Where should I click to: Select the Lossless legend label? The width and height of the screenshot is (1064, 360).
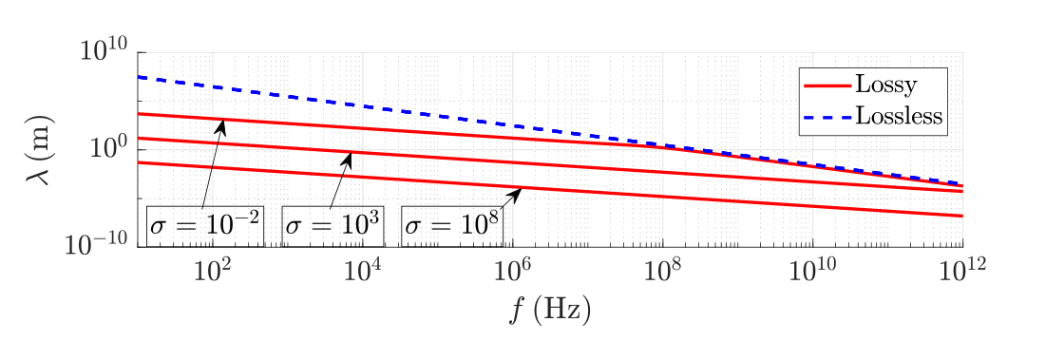tap(899, 115)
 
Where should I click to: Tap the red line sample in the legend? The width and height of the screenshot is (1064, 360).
tap(826, 85)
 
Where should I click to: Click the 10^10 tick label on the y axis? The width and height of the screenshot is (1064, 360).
tap(104, 51)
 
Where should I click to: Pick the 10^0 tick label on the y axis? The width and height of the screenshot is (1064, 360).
tap(110, 148)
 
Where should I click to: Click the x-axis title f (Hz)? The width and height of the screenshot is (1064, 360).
tap(550, 311)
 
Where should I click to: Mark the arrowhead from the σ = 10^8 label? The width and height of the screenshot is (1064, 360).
tap(517, 194)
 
